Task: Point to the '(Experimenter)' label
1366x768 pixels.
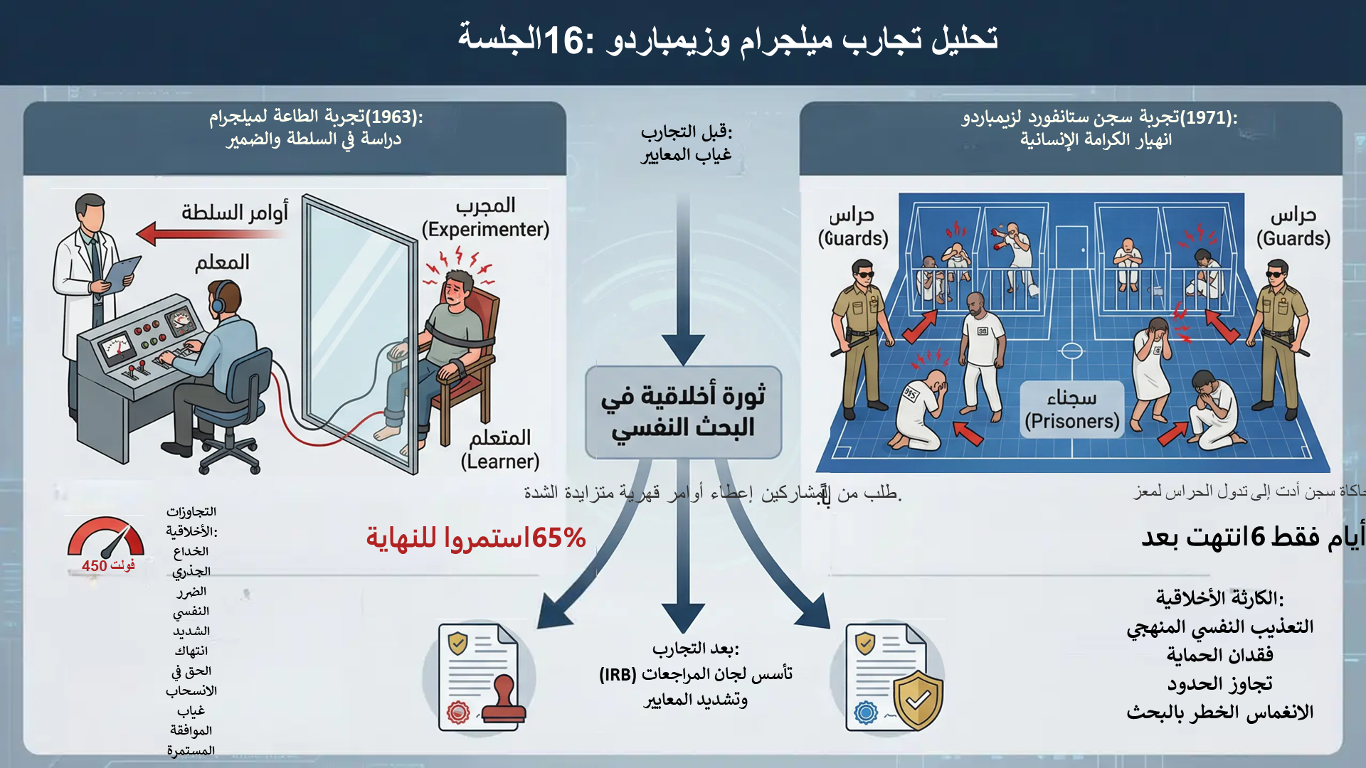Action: (x=485, y=230)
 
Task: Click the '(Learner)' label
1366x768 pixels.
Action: (x=499, y=462)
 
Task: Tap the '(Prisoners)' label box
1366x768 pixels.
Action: (x=1071, y=421)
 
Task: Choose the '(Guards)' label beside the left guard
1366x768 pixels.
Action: (x=853, y=238)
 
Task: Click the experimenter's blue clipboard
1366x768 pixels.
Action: (x=122, y=274)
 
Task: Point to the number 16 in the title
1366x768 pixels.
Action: (x=563, y=40)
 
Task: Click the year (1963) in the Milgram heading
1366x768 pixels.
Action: (x=393, y=117)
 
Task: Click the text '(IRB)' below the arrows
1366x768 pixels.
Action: (x=618, y=674)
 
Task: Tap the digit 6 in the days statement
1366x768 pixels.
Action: (x=1257, y=537)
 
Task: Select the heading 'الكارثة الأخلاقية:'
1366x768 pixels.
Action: (x=1219, y=598)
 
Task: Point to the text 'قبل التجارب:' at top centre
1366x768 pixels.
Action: (x=686, y=132)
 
